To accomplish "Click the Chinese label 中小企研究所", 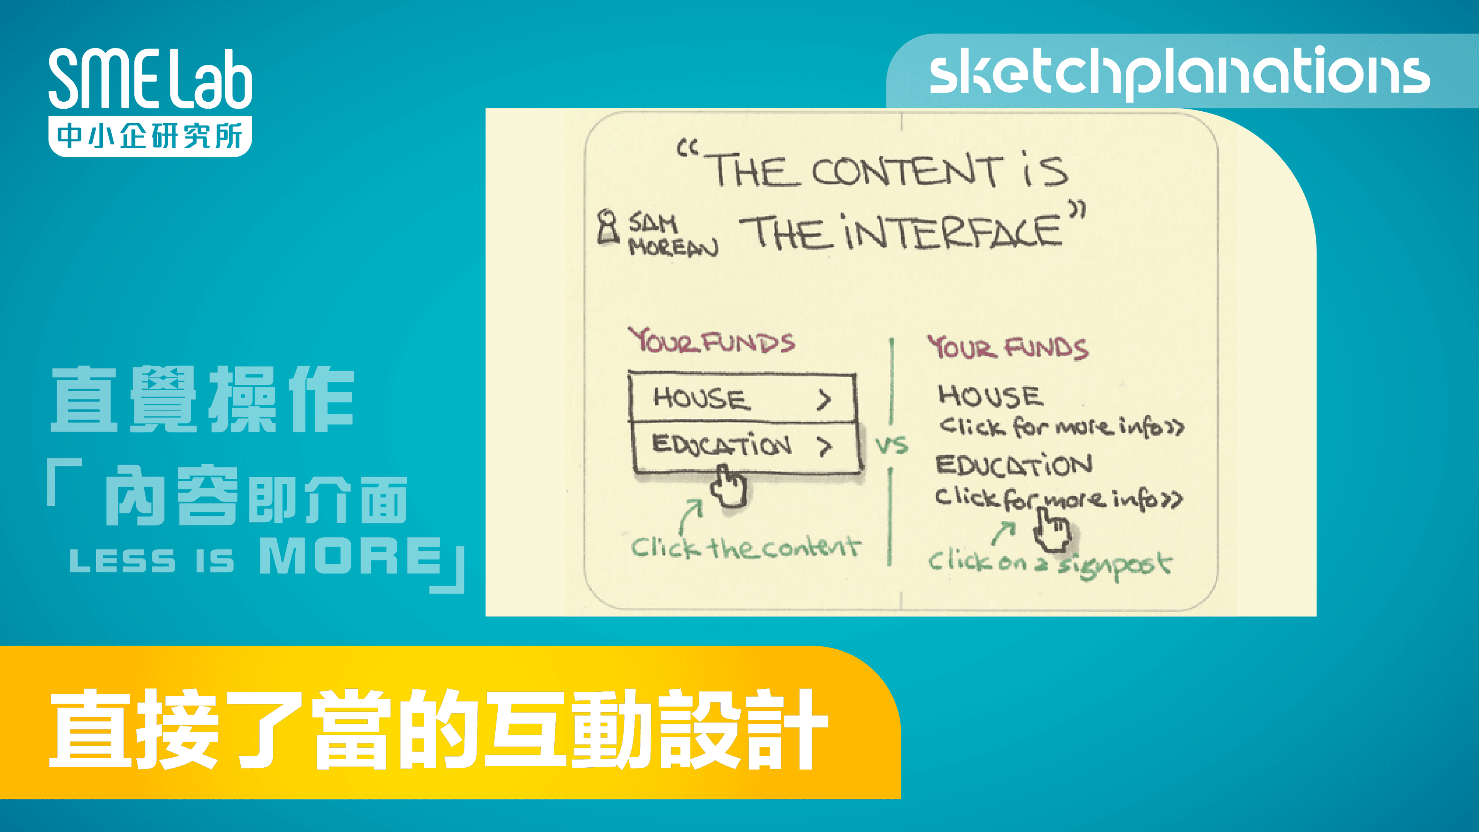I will [151, 137].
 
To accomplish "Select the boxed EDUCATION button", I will [745, 446].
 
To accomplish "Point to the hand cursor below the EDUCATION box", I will [728, 487].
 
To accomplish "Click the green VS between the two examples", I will [892, 446].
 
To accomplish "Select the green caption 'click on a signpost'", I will [1050, 564].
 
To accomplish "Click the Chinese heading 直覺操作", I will [202, 400].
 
